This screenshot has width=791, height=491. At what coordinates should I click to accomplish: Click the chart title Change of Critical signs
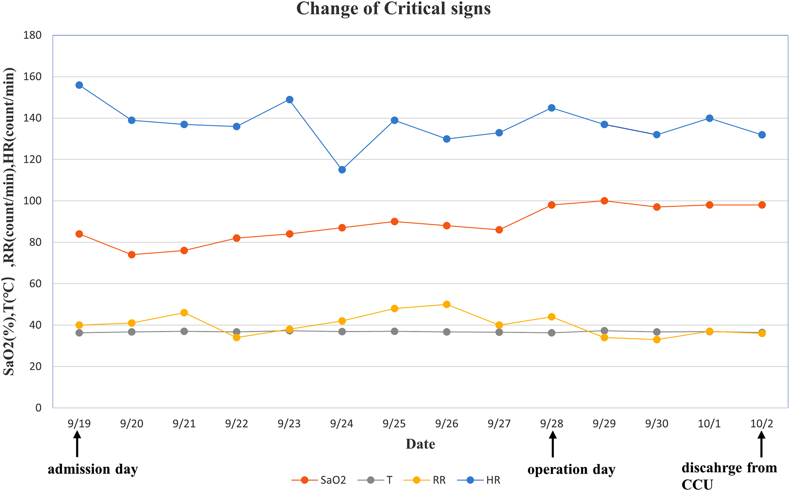pos(393,9)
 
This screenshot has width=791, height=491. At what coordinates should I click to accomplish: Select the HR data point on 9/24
pos(342,170)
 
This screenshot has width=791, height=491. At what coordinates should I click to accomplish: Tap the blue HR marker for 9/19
pos(79,85)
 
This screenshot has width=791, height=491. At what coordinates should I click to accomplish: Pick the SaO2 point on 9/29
pos(604,201)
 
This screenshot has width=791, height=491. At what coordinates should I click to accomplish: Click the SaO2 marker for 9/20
pos(132,255)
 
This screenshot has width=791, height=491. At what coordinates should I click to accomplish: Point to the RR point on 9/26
pos(446,304)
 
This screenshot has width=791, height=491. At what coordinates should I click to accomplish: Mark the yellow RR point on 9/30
pos(656,340)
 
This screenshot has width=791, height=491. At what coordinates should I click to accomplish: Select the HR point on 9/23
pos(289,100)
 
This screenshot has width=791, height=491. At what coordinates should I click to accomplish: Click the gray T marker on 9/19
pos(79,333)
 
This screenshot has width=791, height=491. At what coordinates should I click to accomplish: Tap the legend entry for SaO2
pos(319,480)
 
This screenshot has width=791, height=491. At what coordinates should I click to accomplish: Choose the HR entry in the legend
pos(479,480)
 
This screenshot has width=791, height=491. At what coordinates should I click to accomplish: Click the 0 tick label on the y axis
pos(38,408)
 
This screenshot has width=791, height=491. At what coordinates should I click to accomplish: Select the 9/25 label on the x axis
pos(394,423)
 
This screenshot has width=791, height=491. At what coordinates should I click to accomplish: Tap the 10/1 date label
pos(709,423)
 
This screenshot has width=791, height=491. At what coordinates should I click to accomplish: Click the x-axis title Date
pos(420,444)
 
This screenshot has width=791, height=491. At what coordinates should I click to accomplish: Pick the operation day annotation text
pos(571,469)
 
